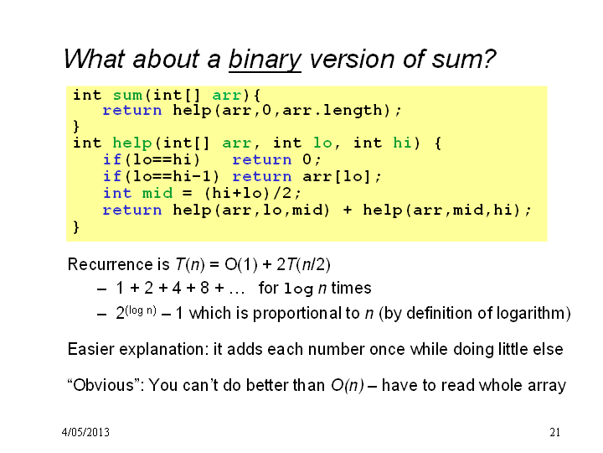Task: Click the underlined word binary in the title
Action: click(x=265, y=60)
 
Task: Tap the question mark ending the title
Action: click(x=488, y=59)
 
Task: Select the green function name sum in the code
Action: click(x=127, y=95)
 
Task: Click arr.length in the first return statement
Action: click(x=332, y=111)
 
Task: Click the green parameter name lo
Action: click(x=322, y=143)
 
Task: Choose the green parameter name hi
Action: click(x=402, y=143)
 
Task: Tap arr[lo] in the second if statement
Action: click(x=337, y=176)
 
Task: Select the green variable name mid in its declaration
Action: click(x=157, y=193)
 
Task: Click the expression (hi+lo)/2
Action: click(x=248, y=193)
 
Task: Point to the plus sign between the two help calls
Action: click(x=348, y=211)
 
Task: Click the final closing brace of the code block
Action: click(x=76, y=226)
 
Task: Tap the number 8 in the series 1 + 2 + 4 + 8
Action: click(x=204, y=288)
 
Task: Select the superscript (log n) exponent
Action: click(x=141, y=310)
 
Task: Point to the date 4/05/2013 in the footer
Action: click(x=85, y=432)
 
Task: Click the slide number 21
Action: click(x=554, y=432)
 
